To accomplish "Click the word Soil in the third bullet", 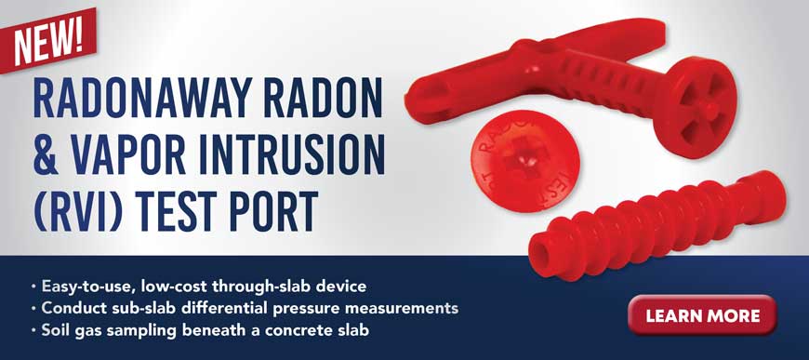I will [58, 329].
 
